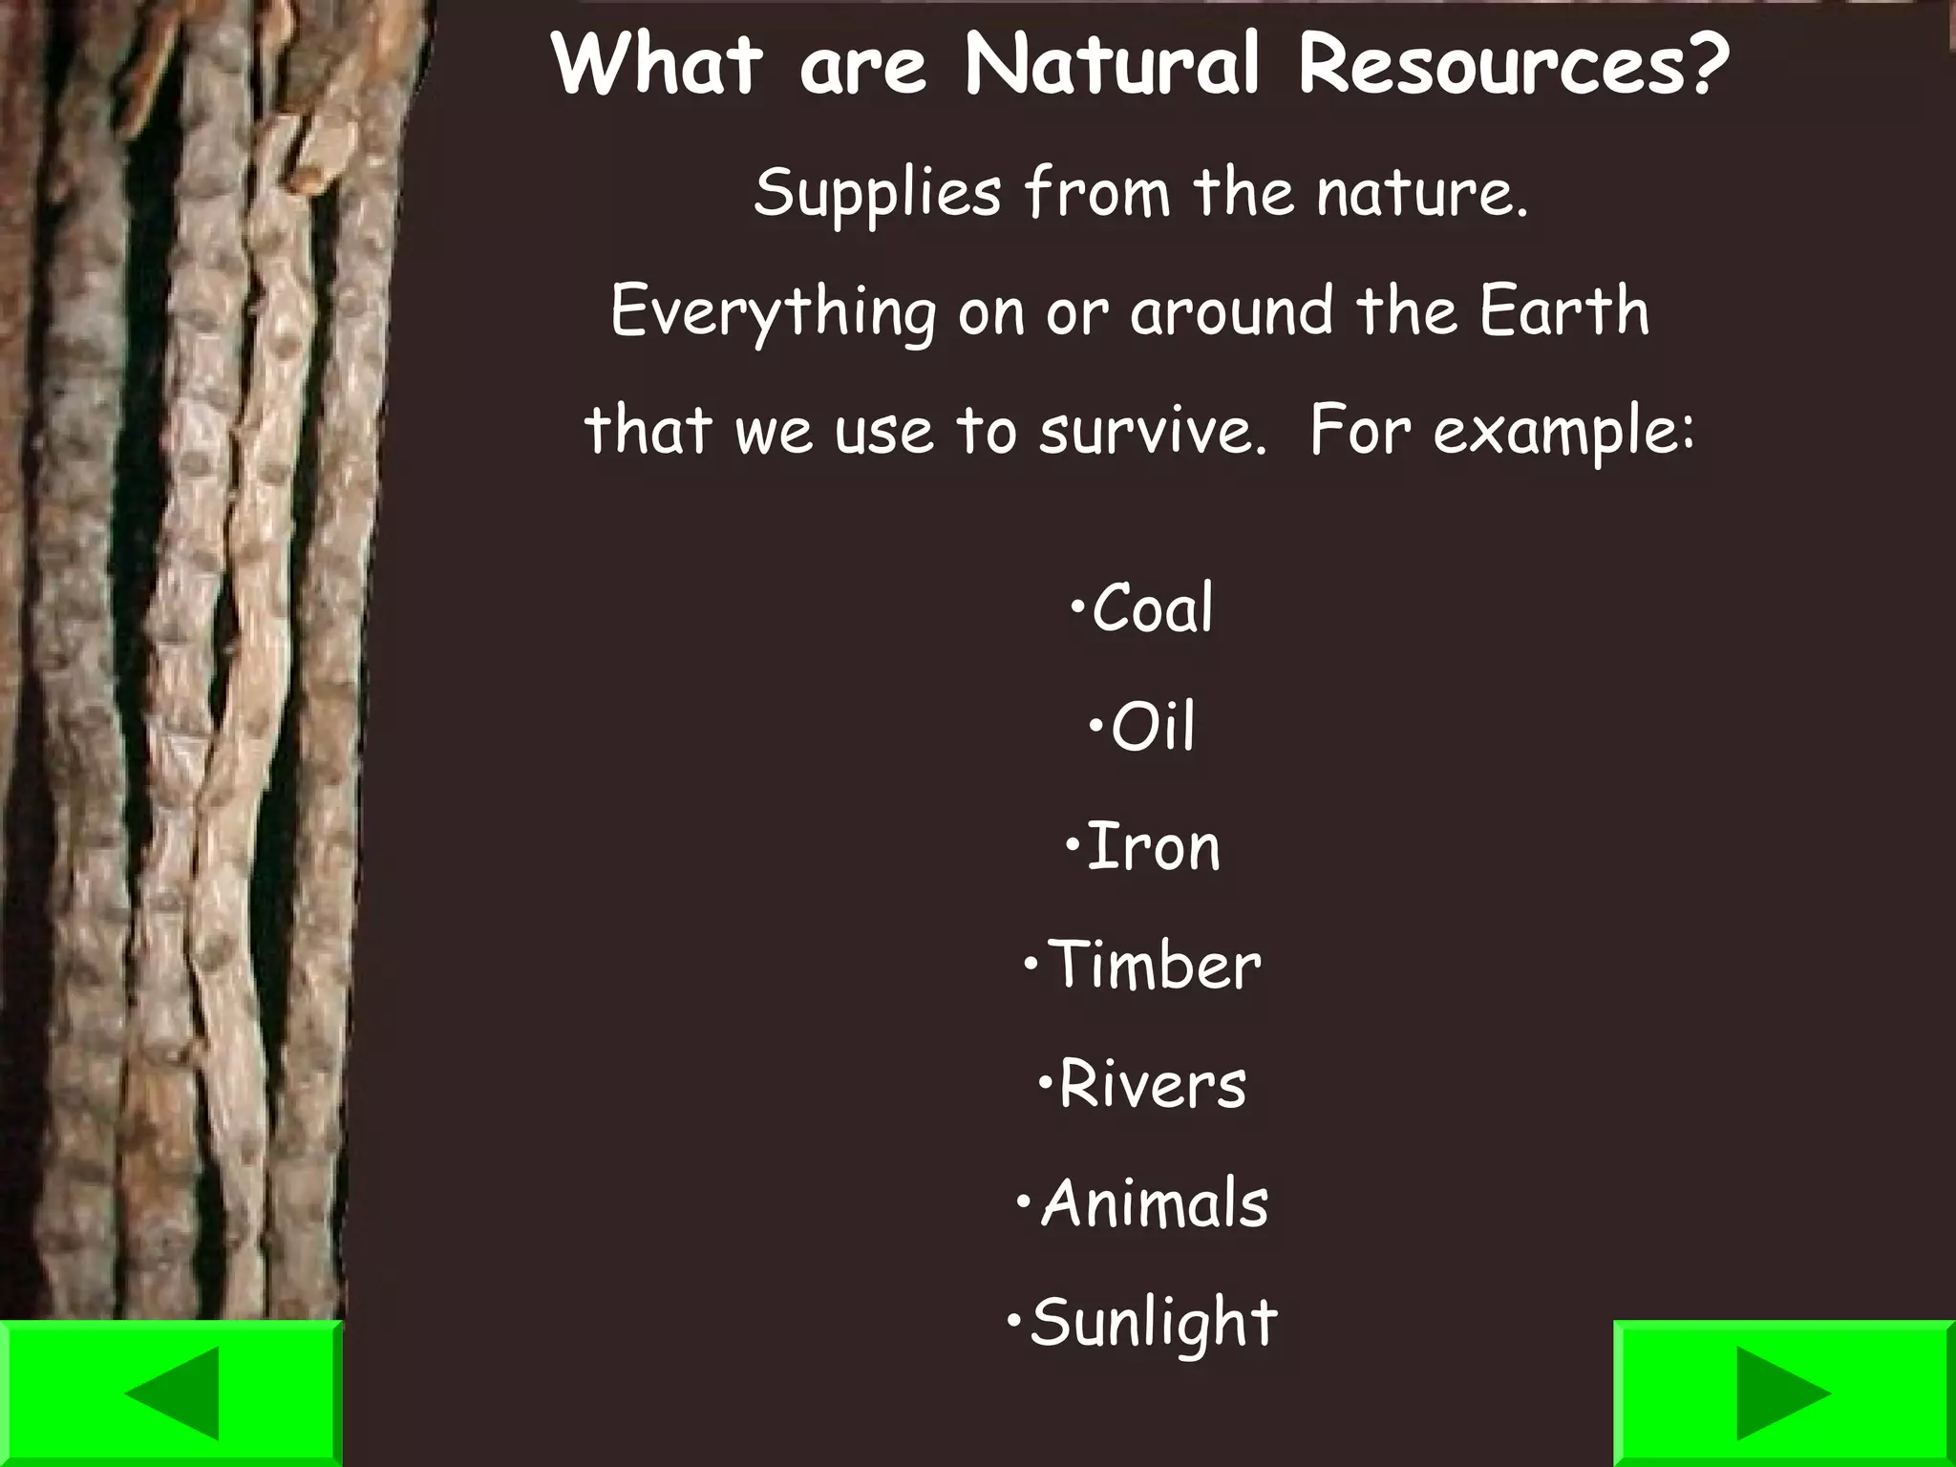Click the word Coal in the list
click(x=1152, y=608)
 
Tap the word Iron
click(x=1154, y=847)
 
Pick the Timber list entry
click(x=1155, y=966)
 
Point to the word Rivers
click(x=1153, y=1085)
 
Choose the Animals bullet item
click(x=1155, y=1203)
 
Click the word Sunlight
click(x=1154, y=1324)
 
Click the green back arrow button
click(x=171, y=1393)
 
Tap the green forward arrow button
click(x=1783, y=1393)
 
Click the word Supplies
click(x=877, y=194)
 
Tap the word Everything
click(x=774, y=313)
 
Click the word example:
click(x=1564, y=433)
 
